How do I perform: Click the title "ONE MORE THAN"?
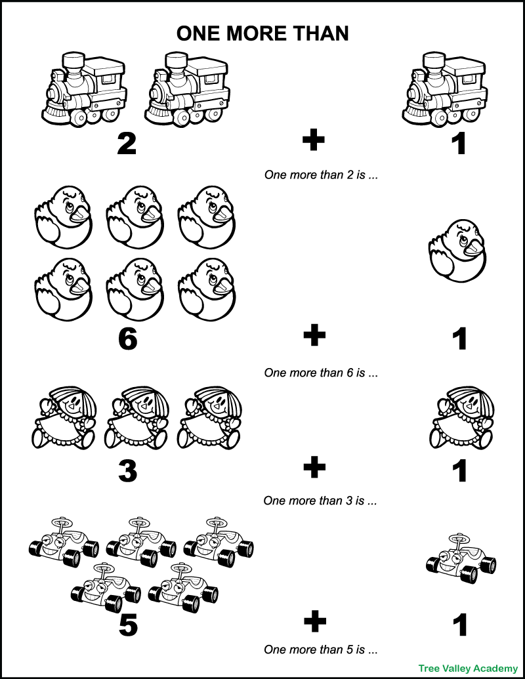pos(262,33)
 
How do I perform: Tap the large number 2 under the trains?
pos(127,144)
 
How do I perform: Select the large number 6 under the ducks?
pos(127,338)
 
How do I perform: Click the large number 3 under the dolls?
pos(127,470)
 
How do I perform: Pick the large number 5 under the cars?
pos(127,623)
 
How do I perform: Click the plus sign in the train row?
pos(314,141)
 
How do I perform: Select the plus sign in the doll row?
pos(314,468)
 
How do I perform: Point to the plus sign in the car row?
pos(314,621)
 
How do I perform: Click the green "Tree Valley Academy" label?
pos(469,668)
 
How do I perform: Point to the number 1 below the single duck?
pos(460,339)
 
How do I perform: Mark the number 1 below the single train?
pos(460,144)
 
